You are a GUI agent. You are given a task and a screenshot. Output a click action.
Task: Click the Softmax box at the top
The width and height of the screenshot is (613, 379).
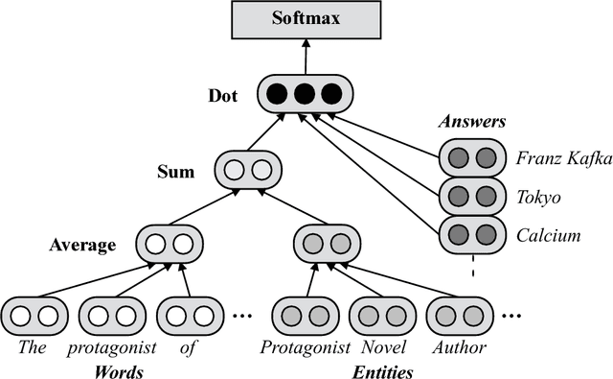click(x=305, y=19)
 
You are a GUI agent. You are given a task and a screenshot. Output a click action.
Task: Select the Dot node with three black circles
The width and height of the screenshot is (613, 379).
click(x=305, y=94)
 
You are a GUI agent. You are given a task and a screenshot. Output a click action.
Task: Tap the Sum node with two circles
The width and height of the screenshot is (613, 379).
click(x=248, y=172)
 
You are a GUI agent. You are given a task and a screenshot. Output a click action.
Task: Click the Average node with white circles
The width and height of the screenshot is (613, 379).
click(x=170, y=243)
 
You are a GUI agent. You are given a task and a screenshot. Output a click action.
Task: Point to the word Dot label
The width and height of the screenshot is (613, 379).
click(x=224, y=96)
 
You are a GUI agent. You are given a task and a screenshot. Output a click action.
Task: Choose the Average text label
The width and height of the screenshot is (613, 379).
click(x=82, y=245)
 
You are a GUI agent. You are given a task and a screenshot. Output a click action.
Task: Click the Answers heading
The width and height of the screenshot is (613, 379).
click(x=471, y=122)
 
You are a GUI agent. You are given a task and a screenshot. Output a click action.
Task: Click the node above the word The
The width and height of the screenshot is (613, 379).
click(x=34, y=316)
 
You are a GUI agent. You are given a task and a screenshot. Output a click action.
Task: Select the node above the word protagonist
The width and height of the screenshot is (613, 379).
click(x=112, y=316)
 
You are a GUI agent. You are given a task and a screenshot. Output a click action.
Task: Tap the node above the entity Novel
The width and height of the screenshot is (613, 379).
click(x=382, y=316)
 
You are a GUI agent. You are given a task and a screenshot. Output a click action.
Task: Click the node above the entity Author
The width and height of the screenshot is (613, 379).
click(x=459, y=316)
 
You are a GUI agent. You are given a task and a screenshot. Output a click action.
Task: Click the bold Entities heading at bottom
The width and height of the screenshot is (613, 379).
click(x=382, y=370)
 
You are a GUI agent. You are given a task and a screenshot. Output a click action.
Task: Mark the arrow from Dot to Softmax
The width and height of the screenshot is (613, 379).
click(x=305, y=57)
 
